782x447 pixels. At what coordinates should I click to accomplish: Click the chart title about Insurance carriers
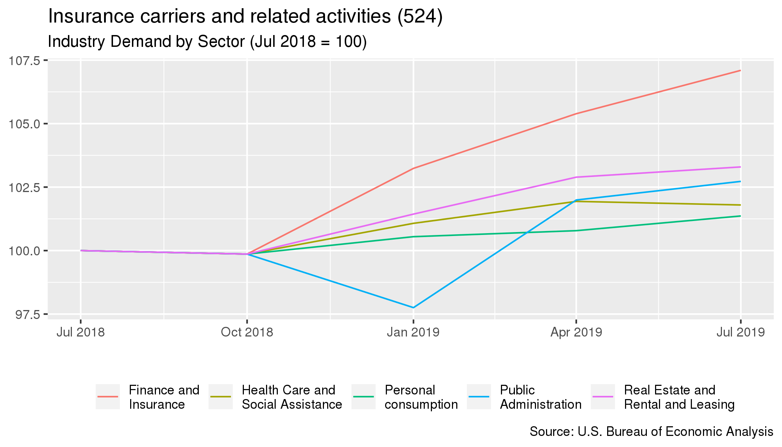tap(245, 16)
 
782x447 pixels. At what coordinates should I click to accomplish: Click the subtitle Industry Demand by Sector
tap(207, 42)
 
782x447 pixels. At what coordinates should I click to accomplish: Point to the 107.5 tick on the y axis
tap(24, 61)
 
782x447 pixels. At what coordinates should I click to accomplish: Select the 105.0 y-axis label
tap(24, 124)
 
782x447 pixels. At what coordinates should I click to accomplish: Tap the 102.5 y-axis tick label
tap(24, 187)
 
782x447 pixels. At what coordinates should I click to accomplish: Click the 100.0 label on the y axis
tap(24, 251)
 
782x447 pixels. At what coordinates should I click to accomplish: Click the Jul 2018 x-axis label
tap(80, 332)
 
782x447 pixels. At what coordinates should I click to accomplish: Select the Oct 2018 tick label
tap(247, 332)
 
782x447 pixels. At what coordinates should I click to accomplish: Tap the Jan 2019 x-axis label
tap(413, 332)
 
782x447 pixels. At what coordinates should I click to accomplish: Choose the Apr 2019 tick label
tap(576, 332)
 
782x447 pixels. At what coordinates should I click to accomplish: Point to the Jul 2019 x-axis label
tap(740, 332)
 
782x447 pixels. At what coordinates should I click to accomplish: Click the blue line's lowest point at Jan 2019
tap(413, 308)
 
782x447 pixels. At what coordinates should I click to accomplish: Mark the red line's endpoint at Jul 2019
tap(740, 70)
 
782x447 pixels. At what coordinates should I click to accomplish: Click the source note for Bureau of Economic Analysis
tap(651, 432)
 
